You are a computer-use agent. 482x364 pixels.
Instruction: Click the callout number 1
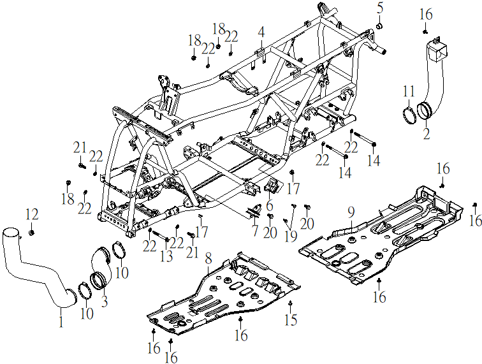pos(61,321)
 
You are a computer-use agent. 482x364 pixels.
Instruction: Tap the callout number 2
pos(427,134)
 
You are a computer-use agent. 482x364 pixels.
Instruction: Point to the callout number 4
pos(261,32)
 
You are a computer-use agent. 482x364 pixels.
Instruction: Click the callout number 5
pos(380,8)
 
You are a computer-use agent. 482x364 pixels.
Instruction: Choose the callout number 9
pos(351,212)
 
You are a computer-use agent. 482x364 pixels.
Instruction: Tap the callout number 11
pos(409,91)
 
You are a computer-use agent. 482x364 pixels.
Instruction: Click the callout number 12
pos(32,214)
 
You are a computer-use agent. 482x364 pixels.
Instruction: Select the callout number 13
pos(166,256)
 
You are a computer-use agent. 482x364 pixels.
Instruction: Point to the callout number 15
pos(291,320)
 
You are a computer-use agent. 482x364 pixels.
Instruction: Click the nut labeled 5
pos(379,26)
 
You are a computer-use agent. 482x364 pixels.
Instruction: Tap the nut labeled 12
pos(31,233)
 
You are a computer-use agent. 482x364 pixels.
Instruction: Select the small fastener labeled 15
pos(290,303)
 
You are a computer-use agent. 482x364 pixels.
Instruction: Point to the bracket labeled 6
pos(271,185)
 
